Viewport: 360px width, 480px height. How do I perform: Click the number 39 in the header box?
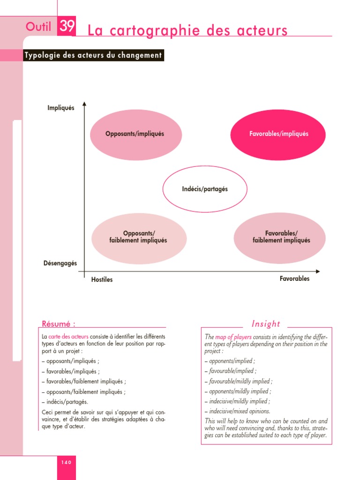67,27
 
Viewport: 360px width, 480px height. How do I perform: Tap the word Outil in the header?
38,28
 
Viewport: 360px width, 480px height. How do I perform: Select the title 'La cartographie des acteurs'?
187,31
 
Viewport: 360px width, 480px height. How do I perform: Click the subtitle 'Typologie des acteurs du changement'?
93,55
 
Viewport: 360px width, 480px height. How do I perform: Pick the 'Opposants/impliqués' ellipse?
135,134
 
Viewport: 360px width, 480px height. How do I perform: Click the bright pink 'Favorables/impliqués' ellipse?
278,134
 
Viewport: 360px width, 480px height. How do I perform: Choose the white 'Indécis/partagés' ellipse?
204,189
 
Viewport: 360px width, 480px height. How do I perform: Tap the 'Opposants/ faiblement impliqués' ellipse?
139,237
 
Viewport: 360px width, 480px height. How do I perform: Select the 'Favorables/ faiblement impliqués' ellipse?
280,237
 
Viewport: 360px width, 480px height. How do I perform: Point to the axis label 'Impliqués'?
61,108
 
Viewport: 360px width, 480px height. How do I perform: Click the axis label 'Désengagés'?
60,263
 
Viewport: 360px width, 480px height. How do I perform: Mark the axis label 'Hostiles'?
102,280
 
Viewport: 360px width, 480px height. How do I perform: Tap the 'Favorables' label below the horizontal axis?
294,278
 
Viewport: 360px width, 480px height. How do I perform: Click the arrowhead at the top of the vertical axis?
84,104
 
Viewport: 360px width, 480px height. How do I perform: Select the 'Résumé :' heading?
59,323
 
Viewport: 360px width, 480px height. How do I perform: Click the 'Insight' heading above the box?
266,323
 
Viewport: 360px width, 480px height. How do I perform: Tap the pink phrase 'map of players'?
233,337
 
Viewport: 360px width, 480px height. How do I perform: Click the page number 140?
66,462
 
